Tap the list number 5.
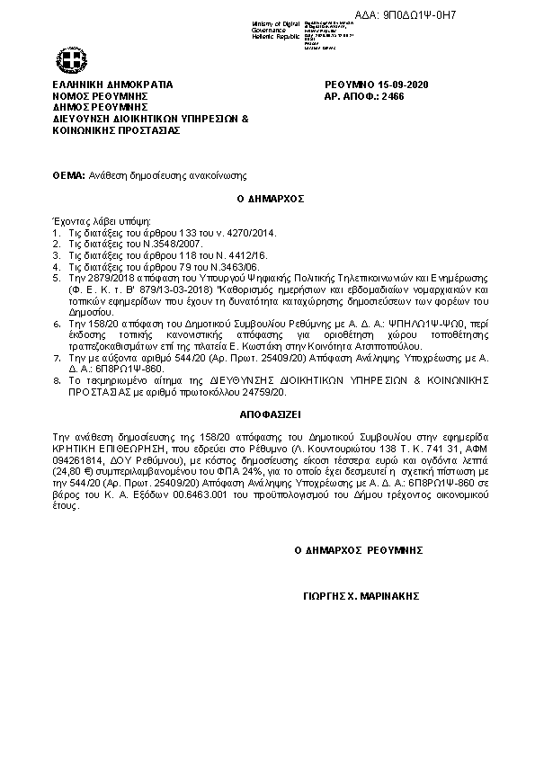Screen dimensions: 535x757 (56, 279)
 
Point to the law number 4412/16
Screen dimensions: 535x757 (225, 255)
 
